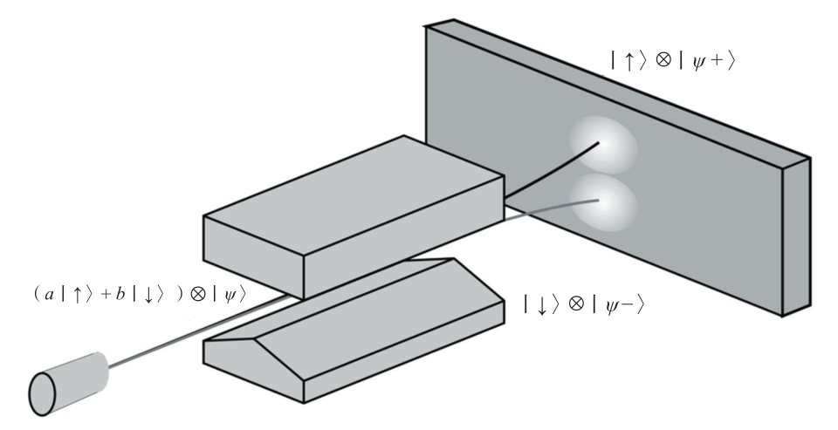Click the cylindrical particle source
68,384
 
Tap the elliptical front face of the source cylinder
42,394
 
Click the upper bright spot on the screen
603,144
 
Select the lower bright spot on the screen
604,203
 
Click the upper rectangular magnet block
354,217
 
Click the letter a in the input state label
49,294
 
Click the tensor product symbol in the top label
663,60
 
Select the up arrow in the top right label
628,61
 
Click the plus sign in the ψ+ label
716,60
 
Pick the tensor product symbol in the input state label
198,294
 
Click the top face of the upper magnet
354,195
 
